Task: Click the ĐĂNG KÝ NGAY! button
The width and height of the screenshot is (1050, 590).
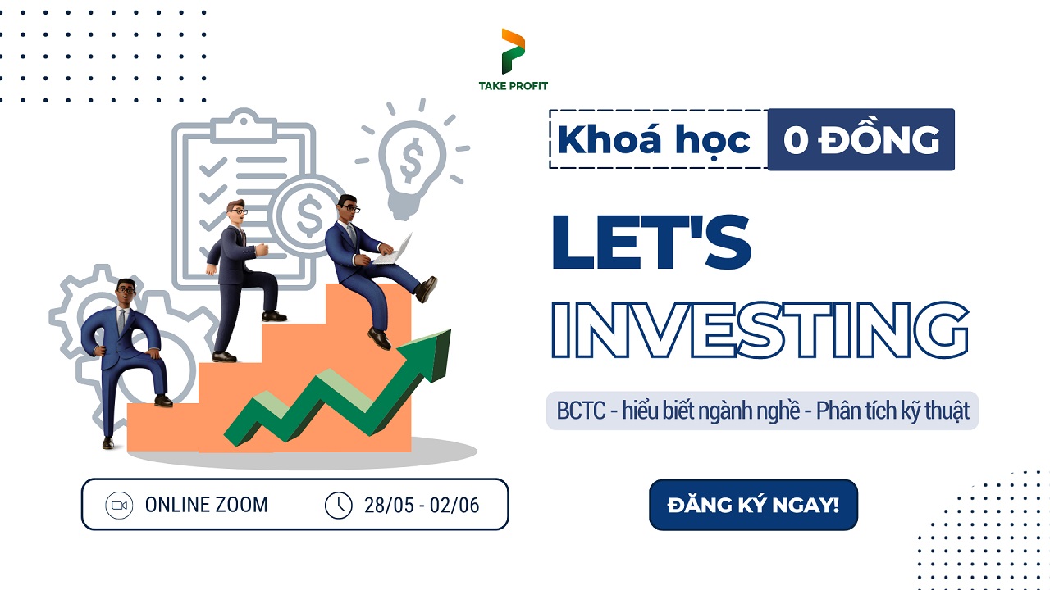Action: [x=753, y=505]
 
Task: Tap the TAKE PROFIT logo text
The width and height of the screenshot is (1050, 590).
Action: [x=514, y=86]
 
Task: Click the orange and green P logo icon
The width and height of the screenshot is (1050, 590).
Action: [x=514, y=51]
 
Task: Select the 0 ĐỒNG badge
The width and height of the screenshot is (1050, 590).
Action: [x=861, y=139]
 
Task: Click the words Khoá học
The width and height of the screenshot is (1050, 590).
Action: [x=654, y=140]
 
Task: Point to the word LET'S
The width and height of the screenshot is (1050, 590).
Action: [x=651, y=242]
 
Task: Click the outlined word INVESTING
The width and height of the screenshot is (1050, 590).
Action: [x=760, y=329]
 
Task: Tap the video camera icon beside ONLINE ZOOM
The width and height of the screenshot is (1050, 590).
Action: [x=119, y=506]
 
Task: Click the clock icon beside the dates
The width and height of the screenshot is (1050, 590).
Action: [x=339, y=506]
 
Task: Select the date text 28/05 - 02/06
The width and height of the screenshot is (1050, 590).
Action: [x=422, y=506]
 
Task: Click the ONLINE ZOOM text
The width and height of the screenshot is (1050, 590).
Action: [x=206, y=505]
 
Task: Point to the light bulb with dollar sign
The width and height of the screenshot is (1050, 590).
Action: [x=411, y=159]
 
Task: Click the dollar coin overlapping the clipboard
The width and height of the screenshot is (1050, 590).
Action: [x=308, y=215]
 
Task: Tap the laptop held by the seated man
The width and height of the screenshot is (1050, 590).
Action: [x=394, y=251]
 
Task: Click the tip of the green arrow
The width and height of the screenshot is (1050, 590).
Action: [x=450, y=329]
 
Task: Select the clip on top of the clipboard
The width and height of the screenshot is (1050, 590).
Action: [x=244, y=126]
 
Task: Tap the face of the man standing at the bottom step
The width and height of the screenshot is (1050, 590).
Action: [x=126, y=293]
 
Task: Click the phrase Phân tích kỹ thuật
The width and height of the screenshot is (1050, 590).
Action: [x=892, y=411]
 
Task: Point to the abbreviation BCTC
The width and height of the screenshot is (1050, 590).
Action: [x=581, y=411]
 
